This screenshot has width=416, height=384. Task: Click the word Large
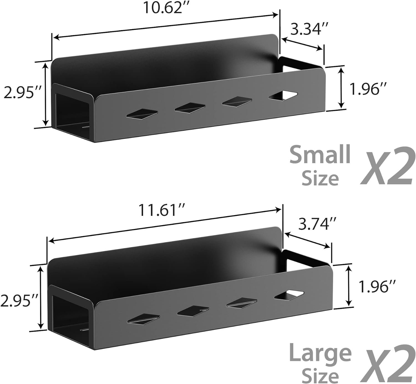(320, 353)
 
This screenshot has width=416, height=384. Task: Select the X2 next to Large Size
(388, 364)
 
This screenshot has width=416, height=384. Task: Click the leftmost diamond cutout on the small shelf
(142, 114)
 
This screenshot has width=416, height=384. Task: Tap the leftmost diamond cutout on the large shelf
(143, 319)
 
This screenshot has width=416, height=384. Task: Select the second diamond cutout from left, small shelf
(190, 107)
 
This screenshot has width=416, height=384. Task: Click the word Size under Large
(320, 375)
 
